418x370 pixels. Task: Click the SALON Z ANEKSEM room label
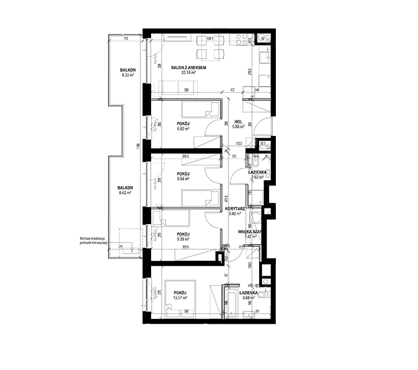(x=189, y=67)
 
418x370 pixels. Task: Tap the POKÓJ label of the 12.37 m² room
(x=179, y=293)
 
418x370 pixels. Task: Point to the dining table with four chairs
(x=211, y=47)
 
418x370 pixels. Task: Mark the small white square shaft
(x=269, y=211)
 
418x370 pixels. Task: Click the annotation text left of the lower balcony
(x=93, y=241)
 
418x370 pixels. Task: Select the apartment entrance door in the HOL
(x=261, y=128)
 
